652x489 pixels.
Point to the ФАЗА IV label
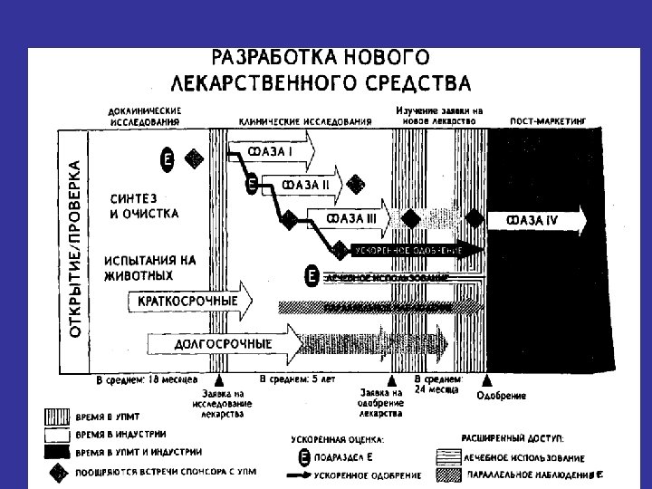pos(532,219)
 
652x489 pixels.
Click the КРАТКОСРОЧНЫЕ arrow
pos(190,301)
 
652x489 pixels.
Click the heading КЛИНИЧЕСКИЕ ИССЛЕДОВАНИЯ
pos(305,120)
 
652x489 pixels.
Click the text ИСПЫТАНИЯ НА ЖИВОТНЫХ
pos(149,266)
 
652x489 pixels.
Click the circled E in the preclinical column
pos(167,159)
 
